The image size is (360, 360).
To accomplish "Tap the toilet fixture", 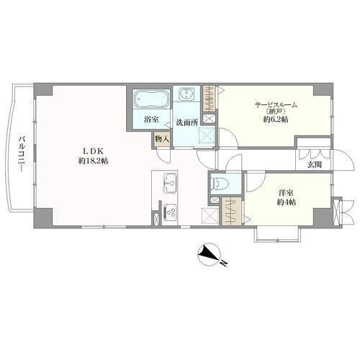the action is [x=220, y=184].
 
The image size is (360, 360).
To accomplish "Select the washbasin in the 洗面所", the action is [x=186, y=94].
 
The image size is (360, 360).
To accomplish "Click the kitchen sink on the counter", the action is [x=171, y=183].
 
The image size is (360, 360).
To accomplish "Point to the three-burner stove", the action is [x=171, y=212].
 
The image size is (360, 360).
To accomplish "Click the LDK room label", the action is [x=93, y=151].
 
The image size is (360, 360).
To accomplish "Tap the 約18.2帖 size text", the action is [x=93, y=161].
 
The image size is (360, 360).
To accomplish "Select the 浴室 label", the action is [x=151, y=120].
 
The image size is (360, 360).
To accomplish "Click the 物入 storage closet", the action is [x=162, y=139].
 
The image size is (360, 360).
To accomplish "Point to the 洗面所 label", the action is [x=187, y=122].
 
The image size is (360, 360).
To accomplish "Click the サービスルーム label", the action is [x=276, y=105].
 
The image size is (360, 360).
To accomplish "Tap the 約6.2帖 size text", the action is [x=276, y=120].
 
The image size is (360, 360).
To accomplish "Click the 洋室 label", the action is [x=286, y=192].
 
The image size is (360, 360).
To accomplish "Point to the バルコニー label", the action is [x=22, y=154].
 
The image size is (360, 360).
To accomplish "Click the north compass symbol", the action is [x=210, y=254].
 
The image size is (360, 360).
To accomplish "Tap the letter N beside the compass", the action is [x=224, y=263].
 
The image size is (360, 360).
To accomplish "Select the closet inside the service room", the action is [x=210, y=99].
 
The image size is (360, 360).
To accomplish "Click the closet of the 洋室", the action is [x=231, y=211].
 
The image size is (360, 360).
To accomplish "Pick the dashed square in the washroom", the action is [x=207, y=136].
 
